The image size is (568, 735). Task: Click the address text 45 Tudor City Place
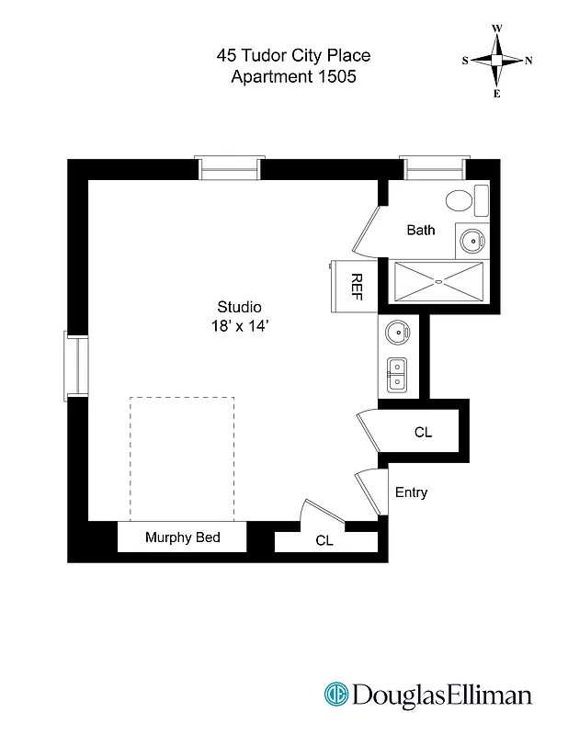293,56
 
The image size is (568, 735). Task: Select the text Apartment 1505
293,77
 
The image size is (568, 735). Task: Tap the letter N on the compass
528,61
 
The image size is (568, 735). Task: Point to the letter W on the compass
496,28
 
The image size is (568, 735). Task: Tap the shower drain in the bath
438,280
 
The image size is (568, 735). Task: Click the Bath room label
421,230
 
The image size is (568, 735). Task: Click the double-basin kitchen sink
398,375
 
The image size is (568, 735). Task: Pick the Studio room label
239,307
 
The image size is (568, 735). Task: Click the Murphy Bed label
182,537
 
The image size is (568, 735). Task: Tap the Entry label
411,492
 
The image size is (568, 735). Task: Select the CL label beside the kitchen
422,432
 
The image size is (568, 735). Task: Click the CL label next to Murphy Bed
324,541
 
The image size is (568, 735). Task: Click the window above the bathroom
434,168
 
